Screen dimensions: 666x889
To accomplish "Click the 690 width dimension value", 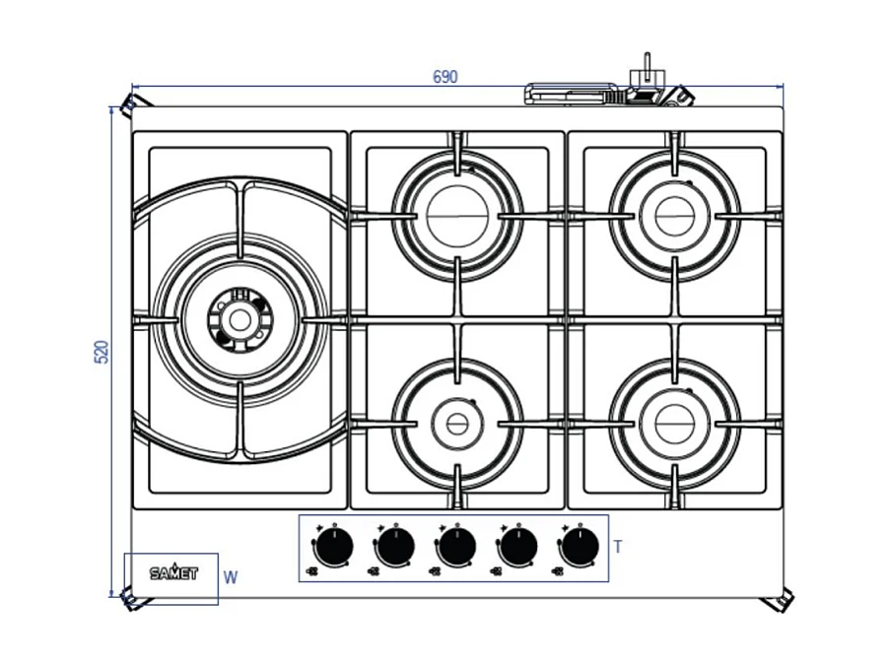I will point(445,77).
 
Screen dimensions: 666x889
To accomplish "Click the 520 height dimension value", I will point(102,352).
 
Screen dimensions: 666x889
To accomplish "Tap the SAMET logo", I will point(173,572).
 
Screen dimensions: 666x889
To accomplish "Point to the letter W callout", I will point(231,578).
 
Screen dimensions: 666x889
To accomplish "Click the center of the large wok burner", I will point(238,319).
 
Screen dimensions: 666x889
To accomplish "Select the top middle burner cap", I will point(457,216).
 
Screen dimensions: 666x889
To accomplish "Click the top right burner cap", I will point(675,216).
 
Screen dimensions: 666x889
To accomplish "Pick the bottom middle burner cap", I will point(457,424).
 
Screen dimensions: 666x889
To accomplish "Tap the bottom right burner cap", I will point(675,424).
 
